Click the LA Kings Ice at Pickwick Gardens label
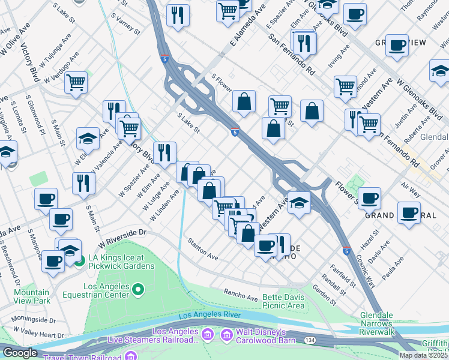[121, 262]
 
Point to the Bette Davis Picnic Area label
[278, 301]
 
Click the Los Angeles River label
[209, 314]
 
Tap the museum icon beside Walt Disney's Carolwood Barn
[208, 334]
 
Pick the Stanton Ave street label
[202, 248]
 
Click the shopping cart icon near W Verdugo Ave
[76, 82]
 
